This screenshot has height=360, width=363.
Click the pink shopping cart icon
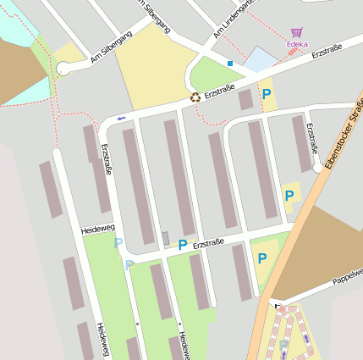296,32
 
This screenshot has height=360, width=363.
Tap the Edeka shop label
297,44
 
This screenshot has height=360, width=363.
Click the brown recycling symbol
195,97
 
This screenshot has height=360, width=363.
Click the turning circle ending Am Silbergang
63,69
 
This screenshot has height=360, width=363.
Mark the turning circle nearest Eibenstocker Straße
317,168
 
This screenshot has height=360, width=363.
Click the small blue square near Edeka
229,63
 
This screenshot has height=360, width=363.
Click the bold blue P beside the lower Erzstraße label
182,245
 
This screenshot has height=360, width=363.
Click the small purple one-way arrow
121,117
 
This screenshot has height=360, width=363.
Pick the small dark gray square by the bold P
165,237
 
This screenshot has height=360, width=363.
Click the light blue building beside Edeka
260,59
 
